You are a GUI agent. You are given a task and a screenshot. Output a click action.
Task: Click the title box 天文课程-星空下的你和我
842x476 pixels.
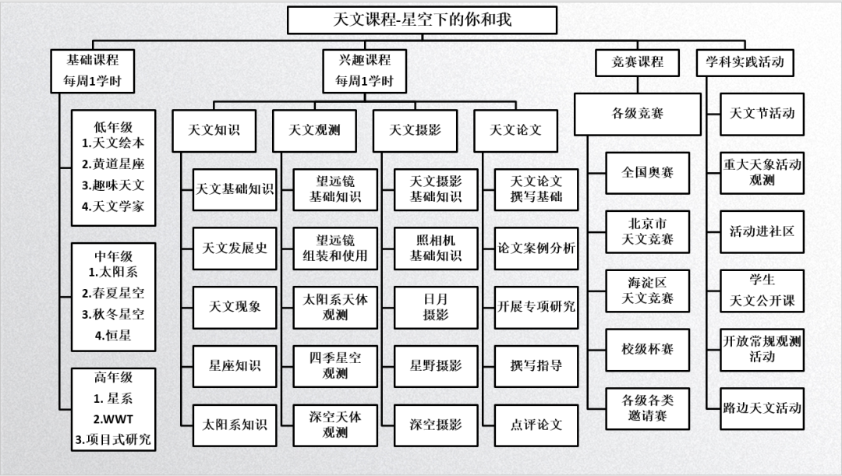tap(422, 20)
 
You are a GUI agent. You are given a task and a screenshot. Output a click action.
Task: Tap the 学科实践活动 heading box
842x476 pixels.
tap(745, 62)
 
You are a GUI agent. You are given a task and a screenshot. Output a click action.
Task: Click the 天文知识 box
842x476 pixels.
tap(214, 130)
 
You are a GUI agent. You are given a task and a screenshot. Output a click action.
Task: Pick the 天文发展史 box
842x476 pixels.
tap(235, 248)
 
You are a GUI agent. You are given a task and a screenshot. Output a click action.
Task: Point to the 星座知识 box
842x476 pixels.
tap(235, 365)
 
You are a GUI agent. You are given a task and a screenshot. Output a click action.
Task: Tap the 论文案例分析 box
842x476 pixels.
tap(536, 248)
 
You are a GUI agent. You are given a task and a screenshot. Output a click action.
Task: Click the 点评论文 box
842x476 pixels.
tap(536, 425)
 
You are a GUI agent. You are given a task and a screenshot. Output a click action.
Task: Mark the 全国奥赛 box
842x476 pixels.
tap(647, 172)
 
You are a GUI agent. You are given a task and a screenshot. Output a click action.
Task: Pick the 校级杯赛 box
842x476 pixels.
tap(647, 349)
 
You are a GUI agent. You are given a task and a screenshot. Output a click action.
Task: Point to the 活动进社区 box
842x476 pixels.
tap(762, 231)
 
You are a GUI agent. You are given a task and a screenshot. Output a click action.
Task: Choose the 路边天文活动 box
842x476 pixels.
tap(762, 407)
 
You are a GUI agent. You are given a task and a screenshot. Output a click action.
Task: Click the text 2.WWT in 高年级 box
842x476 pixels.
tap(113, 419)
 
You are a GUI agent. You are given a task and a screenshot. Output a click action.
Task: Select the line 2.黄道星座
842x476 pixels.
tap(113, 164)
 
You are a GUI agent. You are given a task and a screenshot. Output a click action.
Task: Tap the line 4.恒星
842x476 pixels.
tap(113, 336)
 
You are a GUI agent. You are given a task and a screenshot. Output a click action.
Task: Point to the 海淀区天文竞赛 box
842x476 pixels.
tap(647, 290)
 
